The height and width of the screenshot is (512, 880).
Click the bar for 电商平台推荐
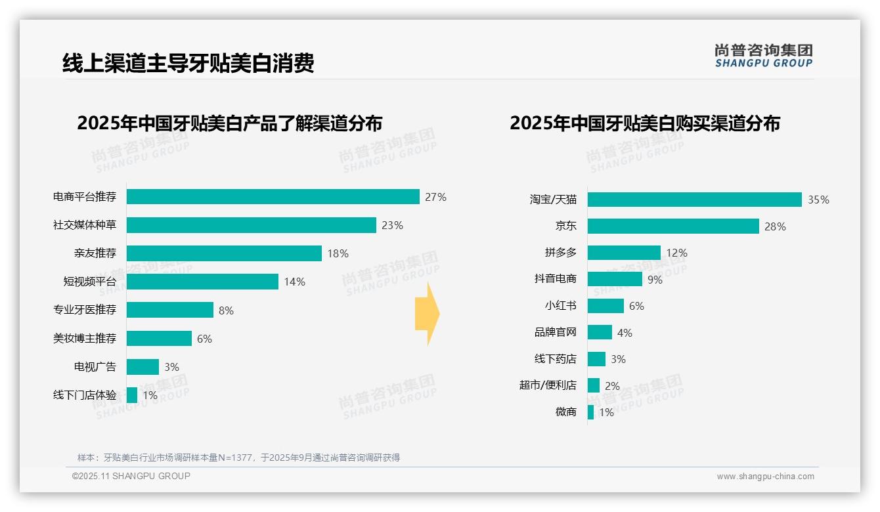tap(273, 197)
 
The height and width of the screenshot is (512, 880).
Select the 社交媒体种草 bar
tap(251, 225)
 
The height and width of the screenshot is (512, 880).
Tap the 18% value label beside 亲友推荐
tap(338, 253)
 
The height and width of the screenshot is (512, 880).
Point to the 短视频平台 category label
tap(89, 282)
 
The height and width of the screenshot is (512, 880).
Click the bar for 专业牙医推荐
tap(169, 310)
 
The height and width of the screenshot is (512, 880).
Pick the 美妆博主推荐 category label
tap(85, 339)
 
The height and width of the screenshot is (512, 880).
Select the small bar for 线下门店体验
tap(132, 395)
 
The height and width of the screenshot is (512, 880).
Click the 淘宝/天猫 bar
tap(694, 200)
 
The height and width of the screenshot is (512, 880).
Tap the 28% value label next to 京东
tap(775, 226)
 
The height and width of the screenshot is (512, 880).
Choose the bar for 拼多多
tap(624, 253)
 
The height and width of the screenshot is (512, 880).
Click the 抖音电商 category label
tap(555, 279)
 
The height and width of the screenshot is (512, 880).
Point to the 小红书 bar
tap(605, 306)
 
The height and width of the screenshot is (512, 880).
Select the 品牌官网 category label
tap(555, 333)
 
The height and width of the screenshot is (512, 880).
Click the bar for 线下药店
tap(596, 359)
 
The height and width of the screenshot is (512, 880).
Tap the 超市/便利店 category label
tap(548, 385)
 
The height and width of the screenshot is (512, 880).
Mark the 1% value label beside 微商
tap(606, 412)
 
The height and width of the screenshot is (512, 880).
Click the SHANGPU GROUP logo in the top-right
tap(763, 56)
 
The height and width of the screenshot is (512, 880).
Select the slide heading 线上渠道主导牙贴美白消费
tap(188, 63)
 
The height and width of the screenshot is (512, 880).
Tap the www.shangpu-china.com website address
tap(765, 477)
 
